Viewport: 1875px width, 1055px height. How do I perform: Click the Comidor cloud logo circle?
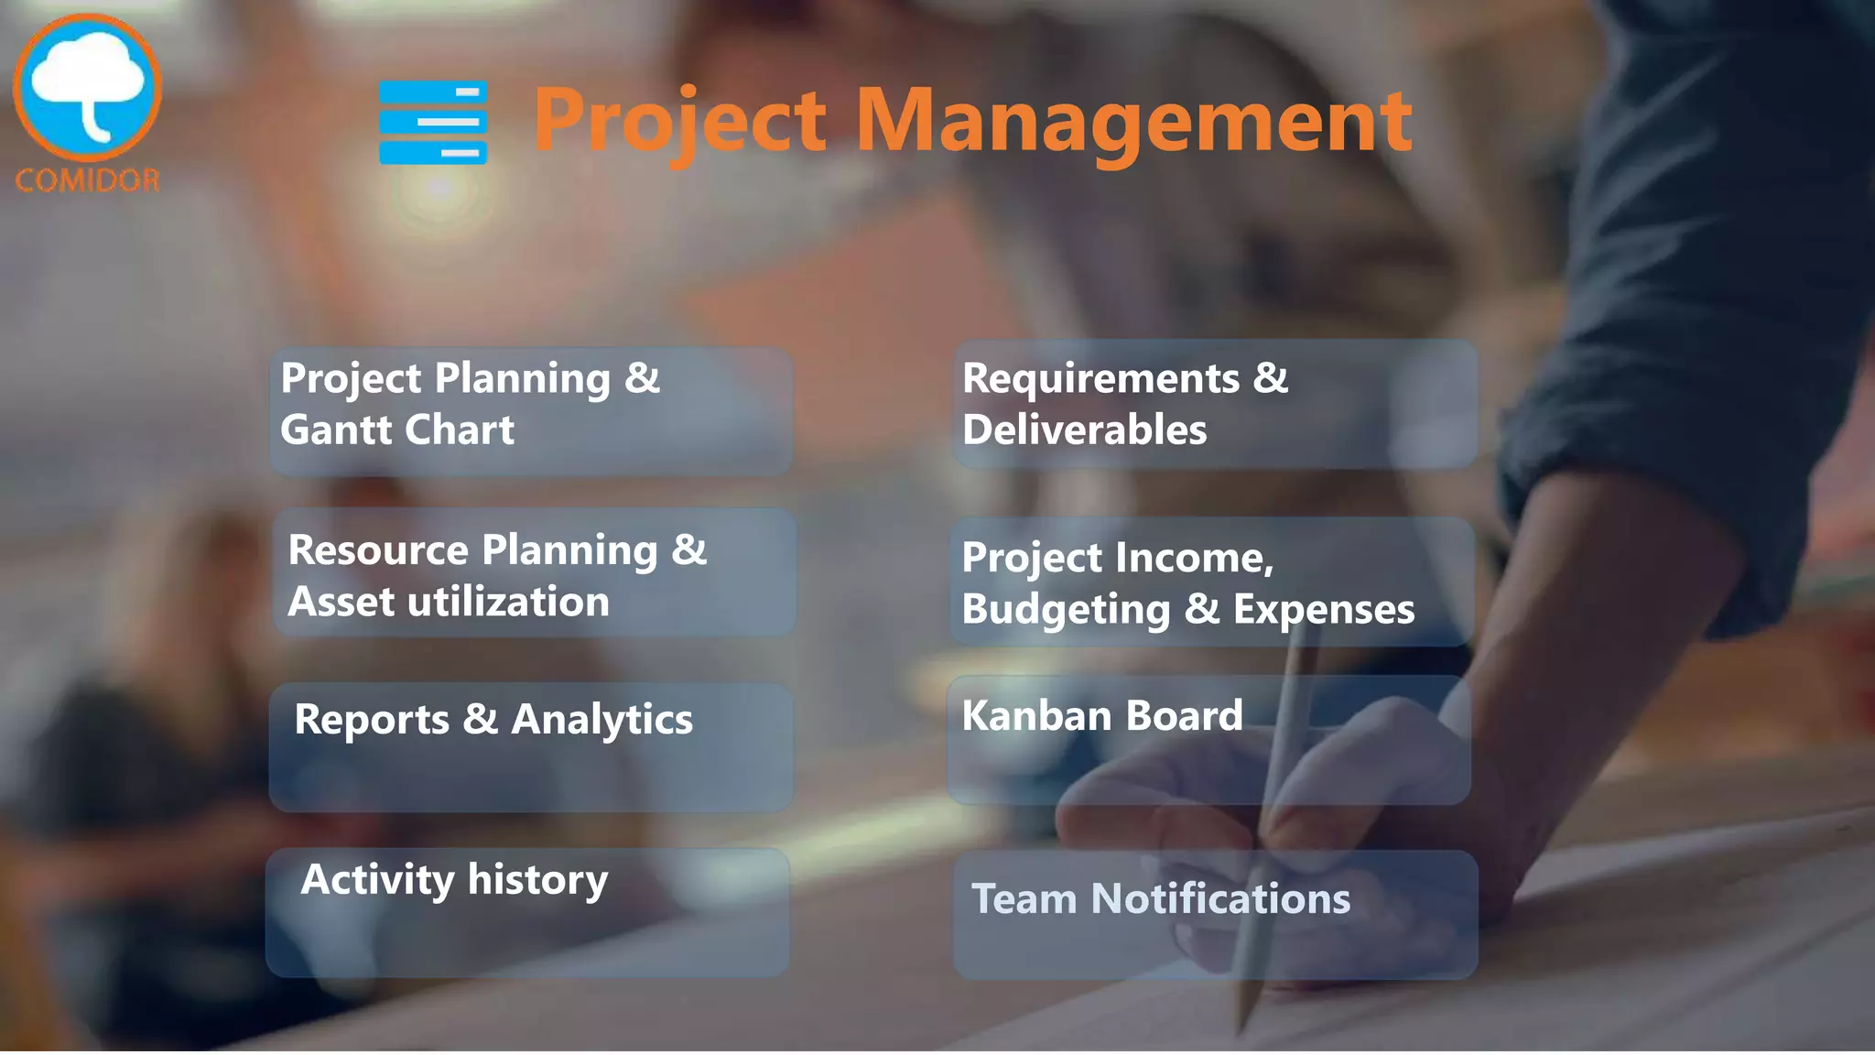point(88,87)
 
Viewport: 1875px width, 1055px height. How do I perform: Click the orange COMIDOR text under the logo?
point(88,180)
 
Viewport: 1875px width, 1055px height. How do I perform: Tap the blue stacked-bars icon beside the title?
point(433,123)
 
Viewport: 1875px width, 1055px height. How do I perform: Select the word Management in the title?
point(1133,121)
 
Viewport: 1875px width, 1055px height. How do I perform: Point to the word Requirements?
point(1100,378)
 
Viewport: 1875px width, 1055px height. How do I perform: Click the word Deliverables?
point(1084,430)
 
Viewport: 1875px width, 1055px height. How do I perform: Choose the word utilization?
point(508,602)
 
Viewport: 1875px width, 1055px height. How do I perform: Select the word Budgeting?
point(1066,610)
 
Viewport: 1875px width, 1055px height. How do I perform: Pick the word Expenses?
point(1323,609)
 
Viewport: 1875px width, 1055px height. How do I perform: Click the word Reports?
point(372,720)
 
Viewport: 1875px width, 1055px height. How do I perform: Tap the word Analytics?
point(602,721)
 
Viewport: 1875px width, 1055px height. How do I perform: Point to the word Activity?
point(377,880)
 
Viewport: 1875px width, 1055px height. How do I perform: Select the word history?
point(537,880)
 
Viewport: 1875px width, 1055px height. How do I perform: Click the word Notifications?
point(1220,898)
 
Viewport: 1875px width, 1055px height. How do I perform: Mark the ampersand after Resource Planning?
point(688,549)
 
